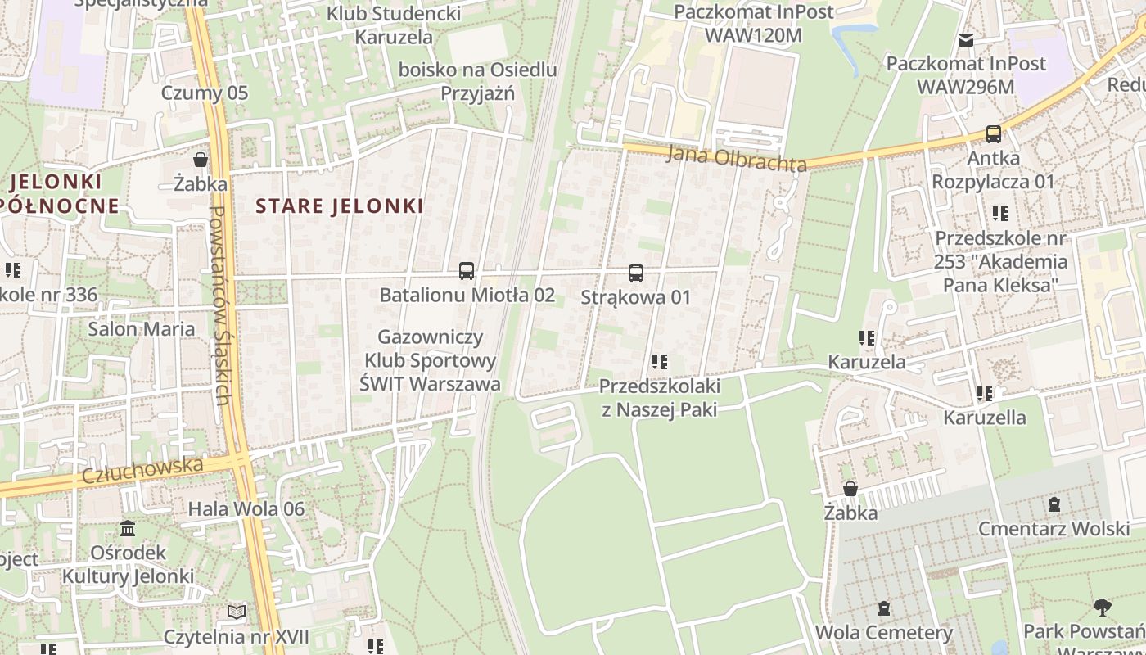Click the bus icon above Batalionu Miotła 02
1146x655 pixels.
pos(467,271)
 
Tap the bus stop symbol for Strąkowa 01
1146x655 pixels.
pos(636,273)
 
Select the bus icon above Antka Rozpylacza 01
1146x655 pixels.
pos(994,134)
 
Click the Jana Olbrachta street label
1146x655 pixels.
pos(737,157)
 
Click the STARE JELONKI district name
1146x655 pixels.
pos(340,206)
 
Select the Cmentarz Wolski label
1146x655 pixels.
pos(1054,528)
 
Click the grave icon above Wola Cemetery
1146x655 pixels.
pos(884,608)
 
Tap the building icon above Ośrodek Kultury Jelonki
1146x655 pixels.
pos(128,529)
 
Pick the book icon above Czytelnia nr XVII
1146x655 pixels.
pos(237,612)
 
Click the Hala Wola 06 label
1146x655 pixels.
pos(246,508)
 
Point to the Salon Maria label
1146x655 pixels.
pos(142,329)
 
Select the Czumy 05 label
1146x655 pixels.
pos(205,93)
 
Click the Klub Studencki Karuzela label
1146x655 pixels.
pos(394,25)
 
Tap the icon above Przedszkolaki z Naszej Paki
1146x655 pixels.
pos(660,362)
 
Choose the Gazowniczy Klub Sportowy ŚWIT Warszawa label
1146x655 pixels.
pos(431,360)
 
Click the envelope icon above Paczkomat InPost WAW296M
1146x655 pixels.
pos(966,39)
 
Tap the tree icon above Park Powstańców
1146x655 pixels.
pos(1102,608)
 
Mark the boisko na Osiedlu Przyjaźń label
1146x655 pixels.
pos(478,81)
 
